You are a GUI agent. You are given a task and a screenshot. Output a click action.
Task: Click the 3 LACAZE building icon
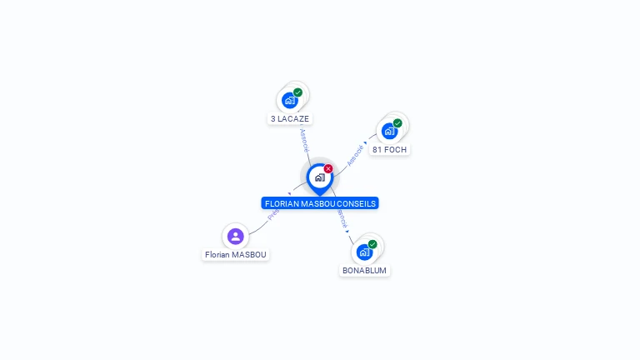pyautogui.click(x=290, y=100)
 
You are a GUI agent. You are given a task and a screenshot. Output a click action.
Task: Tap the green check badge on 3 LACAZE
pyautogui.click(x=297, y=92)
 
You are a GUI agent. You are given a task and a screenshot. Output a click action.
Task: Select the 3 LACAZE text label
pyautogui.click(x=290, y=119)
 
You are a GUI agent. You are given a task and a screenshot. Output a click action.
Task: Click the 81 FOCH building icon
pyautogui.click(x=389, y=131)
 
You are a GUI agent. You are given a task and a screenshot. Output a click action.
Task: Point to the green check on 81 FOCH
pyautogui.click(x=397, y=123)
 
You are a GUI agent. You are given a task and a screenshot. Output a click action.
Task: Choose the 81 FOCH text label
pyautogui.click(x=389, y=150)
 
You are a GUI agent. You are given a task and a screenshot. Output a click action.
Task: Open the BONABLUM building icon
pyautogui.click(x=364, y=252)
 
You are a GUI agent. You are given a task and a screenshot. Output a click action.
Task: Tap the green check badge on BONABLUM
pyautogui.click(x=372, y=244)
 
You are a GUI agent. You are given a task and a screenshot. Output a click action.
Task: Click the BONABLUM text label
pyautogui.click(x=365, y=271)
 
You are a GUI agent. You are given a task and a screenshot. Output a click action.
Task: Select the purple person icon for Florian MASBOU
pyautogui.click(x=236, y=236)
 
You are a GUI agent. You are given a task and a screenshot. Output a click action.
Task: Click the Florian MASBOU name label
pyautogui.click(x=237, y=255)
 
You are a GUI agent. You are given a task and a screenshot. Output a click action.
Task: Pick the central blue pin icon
pyautogui.click(x=319, y=177)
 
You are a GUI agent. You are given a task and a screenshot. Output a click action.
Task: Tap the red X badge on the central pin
pyautogui.click(x=328, y=168)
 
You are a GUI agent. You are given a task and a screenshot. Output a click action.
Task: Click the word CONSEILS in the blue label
pyautogui.click(x=357, y=203)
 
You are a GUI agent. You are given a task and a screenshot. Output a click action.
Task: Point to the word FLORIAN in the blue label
pyautogui.click(x=281, y=203)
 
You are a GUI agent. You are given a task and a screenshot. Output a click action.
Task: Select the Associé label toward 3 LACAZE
pyautogui.click(x=304, y=139)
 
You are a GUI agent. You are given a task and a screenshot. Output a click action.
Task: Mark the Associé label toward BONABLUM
pyautogui.click(x=342, y=219)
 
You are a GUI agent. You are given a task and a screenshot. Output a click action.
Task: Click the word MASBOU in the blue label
pyautogui.click(x=319, y=203)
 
